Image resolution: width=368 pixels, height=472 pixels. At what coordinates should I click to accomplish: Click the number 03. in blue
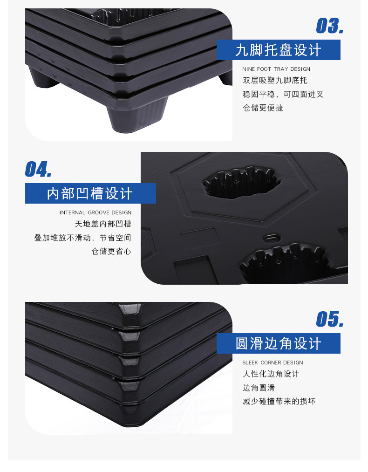[x=329, y=26]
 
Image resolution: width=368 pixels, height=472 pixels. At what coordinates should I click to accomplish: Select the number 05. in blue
[x=329, y=320]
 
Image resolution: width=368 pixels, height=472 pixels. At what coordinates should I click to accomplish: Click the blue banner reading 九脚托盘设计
[x=279, y=50]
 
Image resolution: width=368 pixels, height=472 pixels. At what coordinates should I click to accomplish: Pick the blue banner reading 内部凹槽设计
[x=90, y=193]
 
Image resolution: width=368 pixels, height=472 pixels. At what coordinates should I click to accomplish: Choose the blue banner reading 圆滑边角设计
[x=279, y=343]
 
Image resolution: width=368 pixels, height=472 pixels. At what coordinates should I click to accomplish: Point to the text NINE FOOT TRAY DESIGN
[x=276, y=69]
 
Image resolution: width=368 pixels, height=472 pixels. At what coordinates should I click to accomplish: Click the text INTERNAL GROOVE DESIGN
[x=95, y=212]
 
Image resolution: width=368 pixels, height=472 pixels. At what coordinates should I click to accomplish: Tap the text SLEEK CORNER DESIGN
[x=273, y=363]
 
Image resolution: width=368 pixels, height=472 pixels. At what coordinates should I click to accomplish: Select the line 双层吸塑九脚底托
[x=275, y=81]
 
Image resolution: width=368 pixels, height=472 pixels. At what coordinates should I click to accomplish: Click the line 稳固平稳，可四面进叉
[x=283, y=94]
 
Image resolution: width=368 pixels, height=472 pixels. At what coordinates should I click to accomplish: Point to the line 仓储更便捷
[x=263, y=108]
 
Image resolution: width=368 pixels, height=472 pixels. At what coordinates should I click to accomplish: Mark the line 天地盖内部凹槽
[x=103, y=224]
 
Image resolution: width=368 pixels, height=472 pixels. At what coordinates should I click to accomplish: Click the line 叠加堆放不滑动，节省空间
[x=82, y=238]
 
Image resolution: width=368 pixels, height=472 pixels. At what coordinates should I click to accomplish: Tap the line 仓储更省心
[x=111, y=251]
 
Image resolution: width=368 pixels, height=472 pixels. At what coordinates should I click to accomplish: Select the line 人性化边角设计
[x=271, y=374]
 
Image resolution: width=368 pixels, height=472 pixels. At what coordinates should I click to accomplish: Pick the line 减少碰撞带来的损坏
[x=279, y=401]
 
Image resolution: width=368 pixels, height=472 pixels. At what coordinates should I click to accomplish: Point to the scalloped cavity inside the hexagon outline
[x=242, y=183]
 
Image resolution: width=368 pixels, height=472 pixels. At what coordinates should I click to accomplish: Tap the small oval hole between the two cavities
[x=271, y=238]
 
